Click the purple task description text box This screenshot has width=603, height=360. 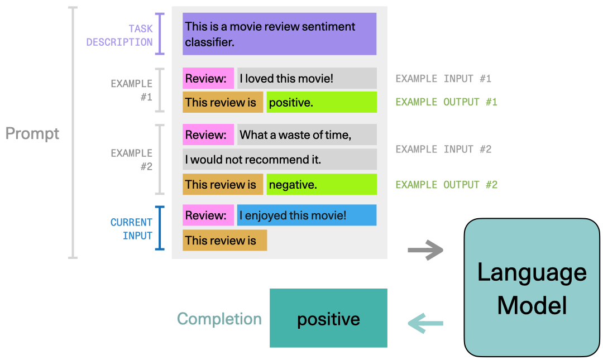click(x=279, y=34)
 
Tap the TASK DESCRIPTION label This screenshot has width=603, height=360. click(x=119, y=35)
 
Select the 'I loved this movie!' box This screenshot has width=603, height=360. click(x=307, y=79)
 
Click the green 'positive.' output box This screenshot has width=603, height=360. click(x=321, y=102)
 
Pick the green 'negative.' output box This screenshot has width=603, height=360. click(x=321, y=184)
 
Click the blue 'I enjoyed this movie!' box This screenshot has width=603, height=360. click(x=307, y=215)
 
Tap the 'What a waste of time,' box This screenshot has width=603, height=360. click(x=307, y=135)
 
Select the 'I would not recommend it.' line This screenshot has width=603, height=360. click(x=279, y=160)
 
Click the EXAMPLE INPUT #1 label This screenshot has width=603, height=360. click(x=443, y=79)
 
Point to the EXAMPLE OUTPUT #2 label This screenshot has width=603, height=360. click(x=446, y=185)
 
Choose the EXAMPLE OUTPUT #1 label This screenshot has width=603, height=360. click(x=446, y=102)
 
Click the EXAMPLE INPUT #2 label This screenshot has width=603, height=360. click(x=443, y=149)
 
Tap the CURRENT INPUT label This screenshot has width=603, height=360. click(x=132, y=229)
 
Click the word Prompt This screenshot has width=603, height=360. click(x=32, y=134)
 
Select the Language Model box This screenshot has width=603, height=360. click(x=532, y=288)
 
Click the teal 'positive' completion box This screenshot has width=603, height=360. click(x=328, y=318)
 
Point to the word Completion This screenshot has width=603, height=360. click(x=219, y=319)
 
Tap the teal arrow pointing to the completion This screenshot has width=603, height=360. click(x=425, y=323)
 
